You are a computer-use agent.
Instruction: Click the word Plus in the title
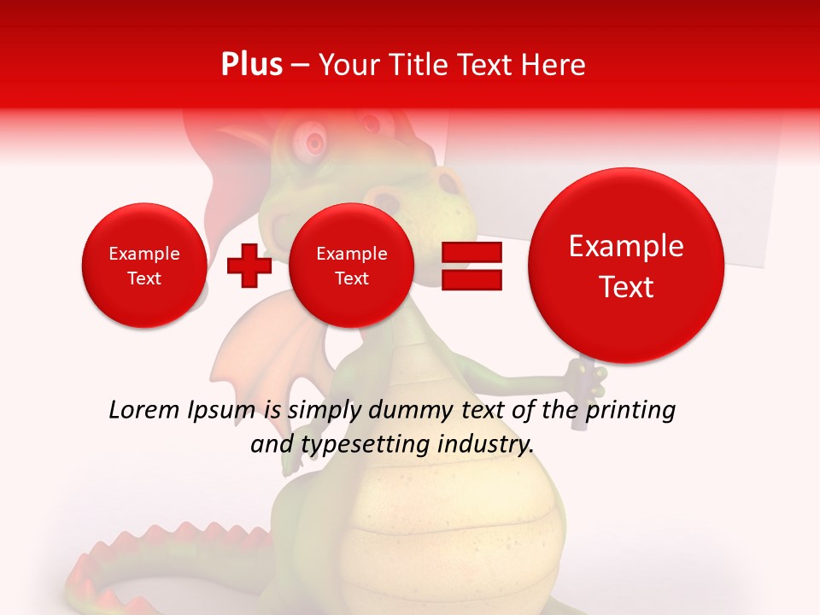(x=251, y=65)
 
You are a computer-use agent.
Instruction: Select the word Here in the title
(x=554, y=65)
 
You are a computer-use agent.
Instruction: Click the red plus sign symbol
(x=249, y=266)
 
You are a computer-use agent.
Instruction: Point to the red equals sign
(x=471, y=266)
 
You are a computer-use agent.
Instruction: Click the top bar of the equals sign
(x=471, y=252)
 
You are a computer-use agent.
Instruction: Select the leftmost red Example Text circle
(x=144, y=266)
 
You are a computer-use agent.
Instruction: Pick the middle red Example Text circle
(x=351, y=266)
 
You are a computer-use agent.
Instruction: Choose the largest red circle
(x=626, y=266)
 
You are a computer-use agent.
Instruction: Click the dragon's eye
(x=313, y=138)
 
